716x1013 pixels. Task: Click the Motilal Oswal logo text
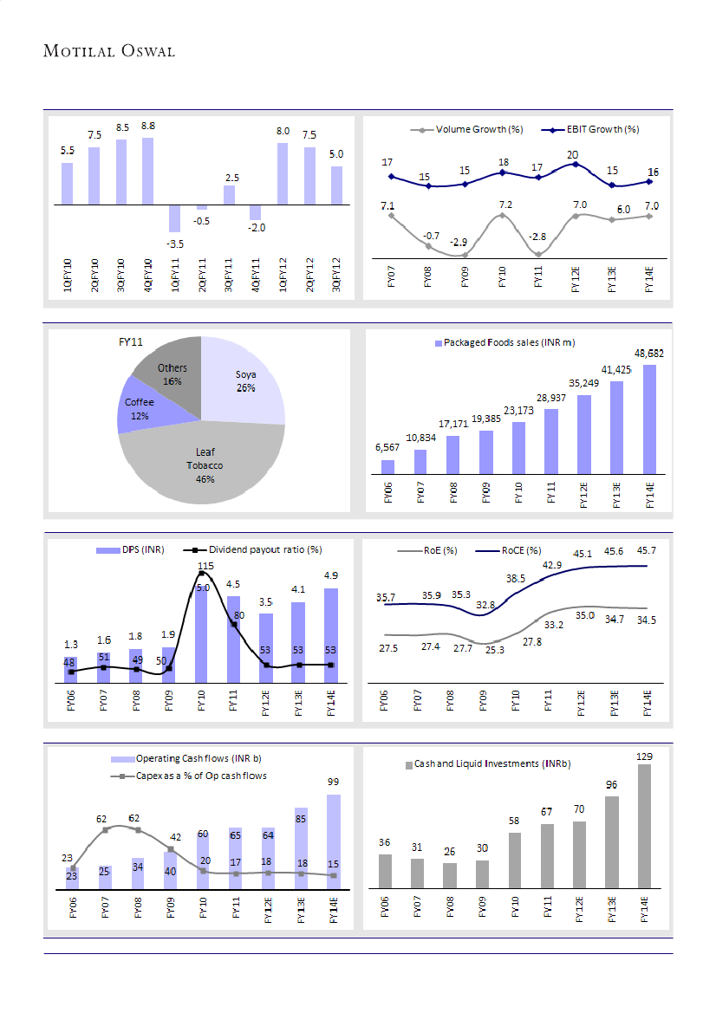[x=109, y=51]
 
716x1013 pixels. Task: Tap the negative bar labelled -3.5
[x=174, y=218]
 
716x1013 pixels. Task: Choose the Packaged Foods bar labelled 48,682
[x=649, y=419]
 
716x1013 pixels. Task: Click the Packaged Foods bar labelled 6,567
[x=387, y=467]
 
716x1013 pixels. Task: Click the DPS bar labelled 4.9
[x=331, y=635]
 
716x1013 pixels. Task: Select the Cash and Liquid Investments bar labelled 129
[x=644, y=826]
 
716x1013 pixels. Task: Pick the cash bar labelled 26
[x=449, y=875]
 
